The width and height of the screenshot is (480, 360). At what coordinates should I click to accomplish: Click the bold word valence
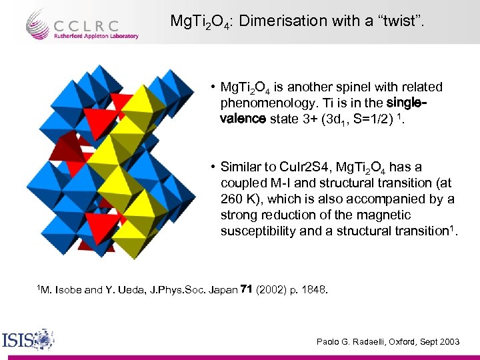pyautogui.click(x=244, y=119)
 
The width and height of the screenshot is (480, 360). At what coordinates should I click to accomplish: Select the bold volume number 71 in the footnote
pyautogui.click(x=245, y=290)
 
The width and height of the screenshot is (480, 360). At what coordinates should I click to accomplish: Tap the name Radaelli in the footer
pyautogui.click(x=367, y=341)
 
